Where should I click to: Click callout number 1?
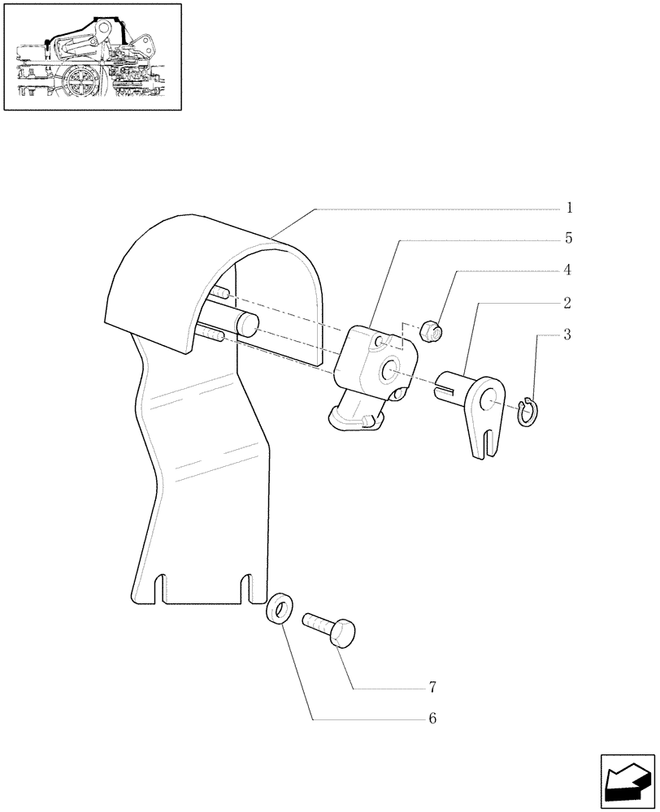(x=570, y=208)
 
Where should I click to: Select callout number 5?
(x=569, y=239)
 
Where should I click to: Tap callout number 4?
(x=569, y=270)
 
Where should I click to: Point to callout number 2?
(x=567, y=303)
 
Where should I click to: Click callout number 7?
(x=433, y=688)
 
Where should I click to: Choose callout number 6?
(x=433, y=719)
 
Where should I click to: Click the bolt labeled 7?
(x=331, y=630)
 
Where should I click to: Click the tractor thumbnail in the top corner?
(x=93, y=57)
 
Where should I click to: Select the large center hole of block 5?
(x=390, y=369)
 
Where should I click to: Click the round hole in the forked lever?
(x=490, y=400)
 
